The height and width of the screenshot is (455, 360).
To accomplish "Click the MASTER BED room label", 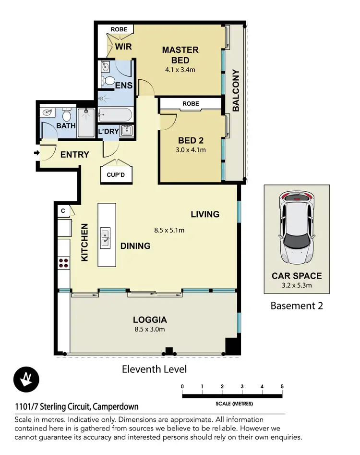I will coord(180,55).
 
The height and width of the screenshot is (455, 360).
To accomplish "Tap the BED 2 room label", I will coord(191,140).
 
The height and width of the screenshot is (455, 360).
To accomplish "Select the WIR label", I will coord(123,47).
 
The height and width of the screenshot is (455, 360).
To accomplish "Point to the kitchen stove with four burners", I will coord(63,262).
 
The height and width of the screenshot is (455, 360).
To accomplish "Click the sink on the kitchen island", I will coord(107,237).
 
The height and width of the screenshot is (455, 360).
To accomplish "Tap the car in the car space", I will coord(296,228).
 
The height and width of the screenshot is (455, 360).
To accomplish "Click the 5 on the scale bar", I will coord(282,386).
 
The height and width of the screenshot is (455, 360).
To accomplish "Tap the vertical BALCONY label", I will coord(236,91).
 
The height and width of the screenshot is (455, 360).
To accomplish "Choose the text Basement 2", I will coord(297,306).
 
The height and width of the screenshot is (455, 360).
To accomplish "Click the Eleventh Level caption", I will coord(154,369).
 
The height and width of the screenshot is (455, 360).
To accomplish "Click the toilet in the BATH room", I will coord(67,115).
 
